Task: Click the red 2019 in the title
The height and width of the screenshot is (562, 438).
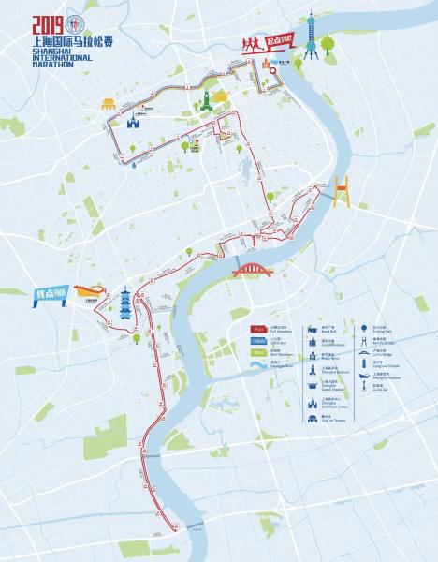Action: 46,25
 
